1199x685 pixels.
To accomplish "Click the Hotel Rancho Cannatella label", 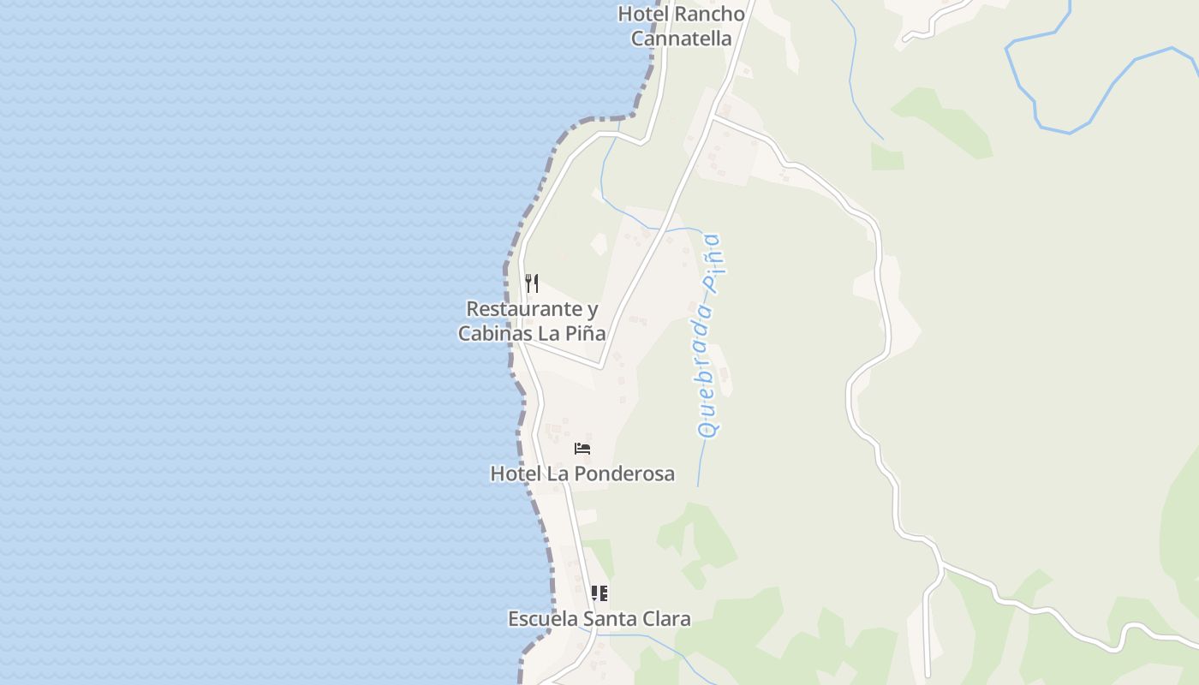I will [x=682, y=26].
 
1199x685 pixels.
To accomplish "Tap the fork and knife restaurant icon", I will [x=532, y=283].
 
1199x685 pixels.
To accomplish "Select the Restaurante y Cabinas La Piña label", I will [x=532, y=321].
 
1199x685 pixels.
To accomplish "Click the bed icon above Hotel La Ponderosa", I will [x=582, y=449].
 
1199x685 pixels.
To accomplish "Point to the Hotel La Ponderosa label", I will [x=582, y=474].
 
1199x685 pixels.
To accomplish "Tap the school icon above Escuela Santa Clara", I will [x=599, y=593].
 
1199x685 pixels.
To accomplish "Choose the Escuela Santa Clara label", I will [x=599, y=618].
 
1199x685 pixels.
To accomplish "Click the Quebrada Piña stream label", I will [x=709, y=336].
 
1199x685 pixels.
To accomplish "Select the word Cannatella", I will [x=682, y=39].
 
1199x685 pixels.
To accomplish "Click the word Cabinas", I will [x=495, y=334].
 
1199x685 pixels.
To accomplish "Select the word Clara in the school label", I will [x=665, y=618].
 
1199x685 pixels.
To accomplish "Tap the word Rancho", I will [x=709, y=14].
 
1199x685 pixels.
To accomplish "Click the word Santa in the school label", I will [x=611, y=618].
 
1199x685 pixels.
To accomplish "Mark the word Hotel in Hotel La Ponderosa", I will [x=511, y=474].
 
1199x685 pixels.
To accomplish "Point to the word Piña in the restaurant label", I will [x=586, y=334].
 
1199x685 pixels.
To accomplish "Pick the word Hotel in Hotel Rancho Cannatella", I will [x=642, y=14].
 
